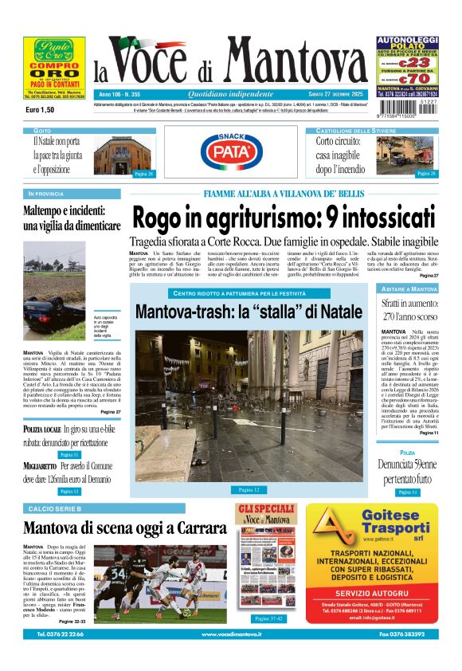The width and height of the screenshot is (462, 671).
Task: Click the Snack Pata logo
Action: point(230,151)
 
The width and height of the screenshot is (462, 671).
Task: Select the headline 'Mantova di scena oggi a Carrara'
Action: point(125,528)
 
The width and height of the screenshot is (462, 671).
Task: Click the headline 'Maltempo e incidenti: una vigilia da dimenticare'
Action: point(72,218)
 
